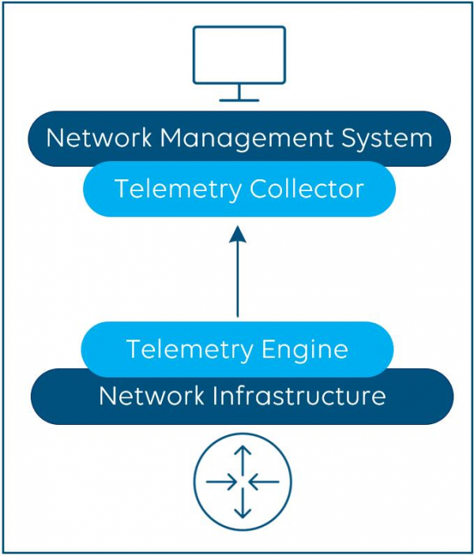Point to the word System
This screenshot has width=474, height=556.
coord(387,139)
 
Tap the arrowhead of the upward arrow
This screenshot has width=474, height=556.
coord(238,233)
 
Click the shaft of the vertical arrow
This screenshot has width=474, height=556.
coord(238,280)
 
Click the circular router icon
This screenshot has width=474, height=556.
coord(243,481)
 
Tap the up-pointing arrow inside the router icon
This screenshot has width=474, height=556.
coord(243,457)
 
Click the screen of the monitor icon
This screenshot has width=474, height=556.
coord(239,54)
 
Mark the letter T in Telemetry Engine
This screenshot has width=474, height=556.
coord(133,348)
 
